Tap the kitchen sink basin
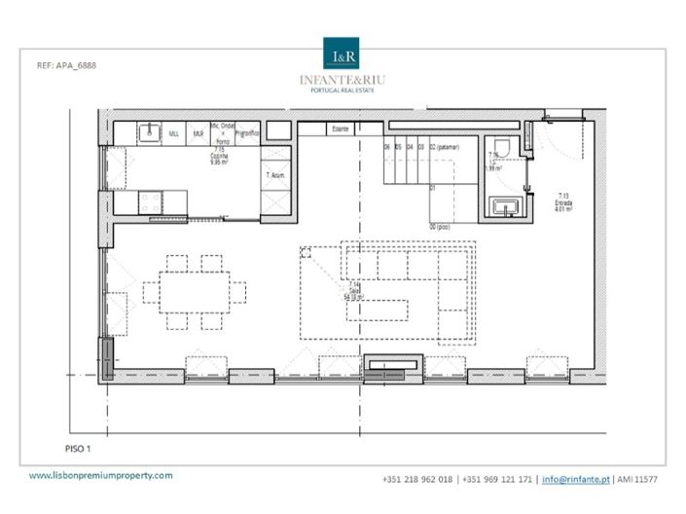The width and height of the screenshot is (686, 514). (x=149, y=132)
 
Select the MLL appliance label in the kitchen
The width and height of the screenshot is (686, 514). (x=174, y=132)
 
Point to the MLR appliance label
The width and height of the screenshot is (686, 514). (x=199, y=132)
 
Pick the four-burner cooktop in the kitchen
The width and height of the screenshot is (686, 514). (x=153, y=202)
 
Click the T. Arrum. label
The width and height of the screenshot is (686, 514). (x=275, y=175)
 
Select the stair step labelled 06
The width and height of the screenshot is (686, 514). (x=387, y=147)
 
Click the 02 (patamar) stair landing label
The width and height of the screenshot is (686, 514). (x=449, y=147)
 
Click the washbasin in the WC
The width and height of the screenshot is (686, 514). (x=507, y=205)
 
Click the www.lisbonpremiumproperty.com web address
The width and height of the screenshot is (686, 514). (x=100, y=476)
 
